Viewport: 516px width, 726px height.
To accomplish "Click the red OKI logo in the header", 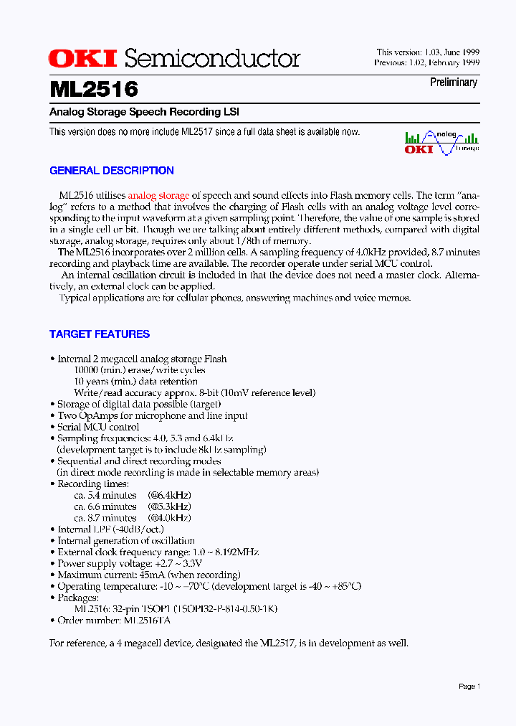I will coord(84,58).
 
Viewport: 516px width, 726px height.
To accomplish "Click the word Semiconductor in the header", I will coord(211,58).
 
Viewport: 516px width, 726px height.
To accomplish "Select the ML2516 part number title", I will coord(94,89).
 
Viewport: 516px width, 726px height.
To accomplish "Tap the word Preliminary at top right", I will coord(453,82).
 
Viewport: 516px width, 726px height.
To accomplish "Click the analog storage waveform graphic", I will coord(441,142).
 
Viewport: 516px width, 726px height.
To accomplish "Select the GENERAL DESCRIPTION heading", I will coord(111,171).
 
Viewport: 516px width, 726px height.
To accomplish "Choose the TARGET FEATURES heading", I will coord(99,334).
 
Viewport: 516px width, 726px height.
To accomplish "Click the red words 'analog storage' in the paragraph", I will coord(158,195).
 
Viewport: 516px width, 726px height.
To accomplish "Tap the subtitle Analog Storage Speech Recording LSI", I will coord(144,112).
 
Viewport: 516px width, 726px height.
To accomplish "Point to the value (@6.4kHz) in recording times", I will coord(169,495).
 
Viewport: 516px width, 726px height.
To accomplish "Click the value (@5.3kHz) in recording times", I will coord(169,506).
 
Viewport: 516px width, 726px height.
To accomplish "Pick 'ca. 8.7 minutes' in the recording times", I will coord(105,518).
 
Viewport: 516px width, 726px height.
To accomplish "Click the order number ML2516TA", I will coord(147,621).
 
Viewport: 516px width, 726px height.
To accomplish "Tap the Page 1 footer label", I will coord(469,687).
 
